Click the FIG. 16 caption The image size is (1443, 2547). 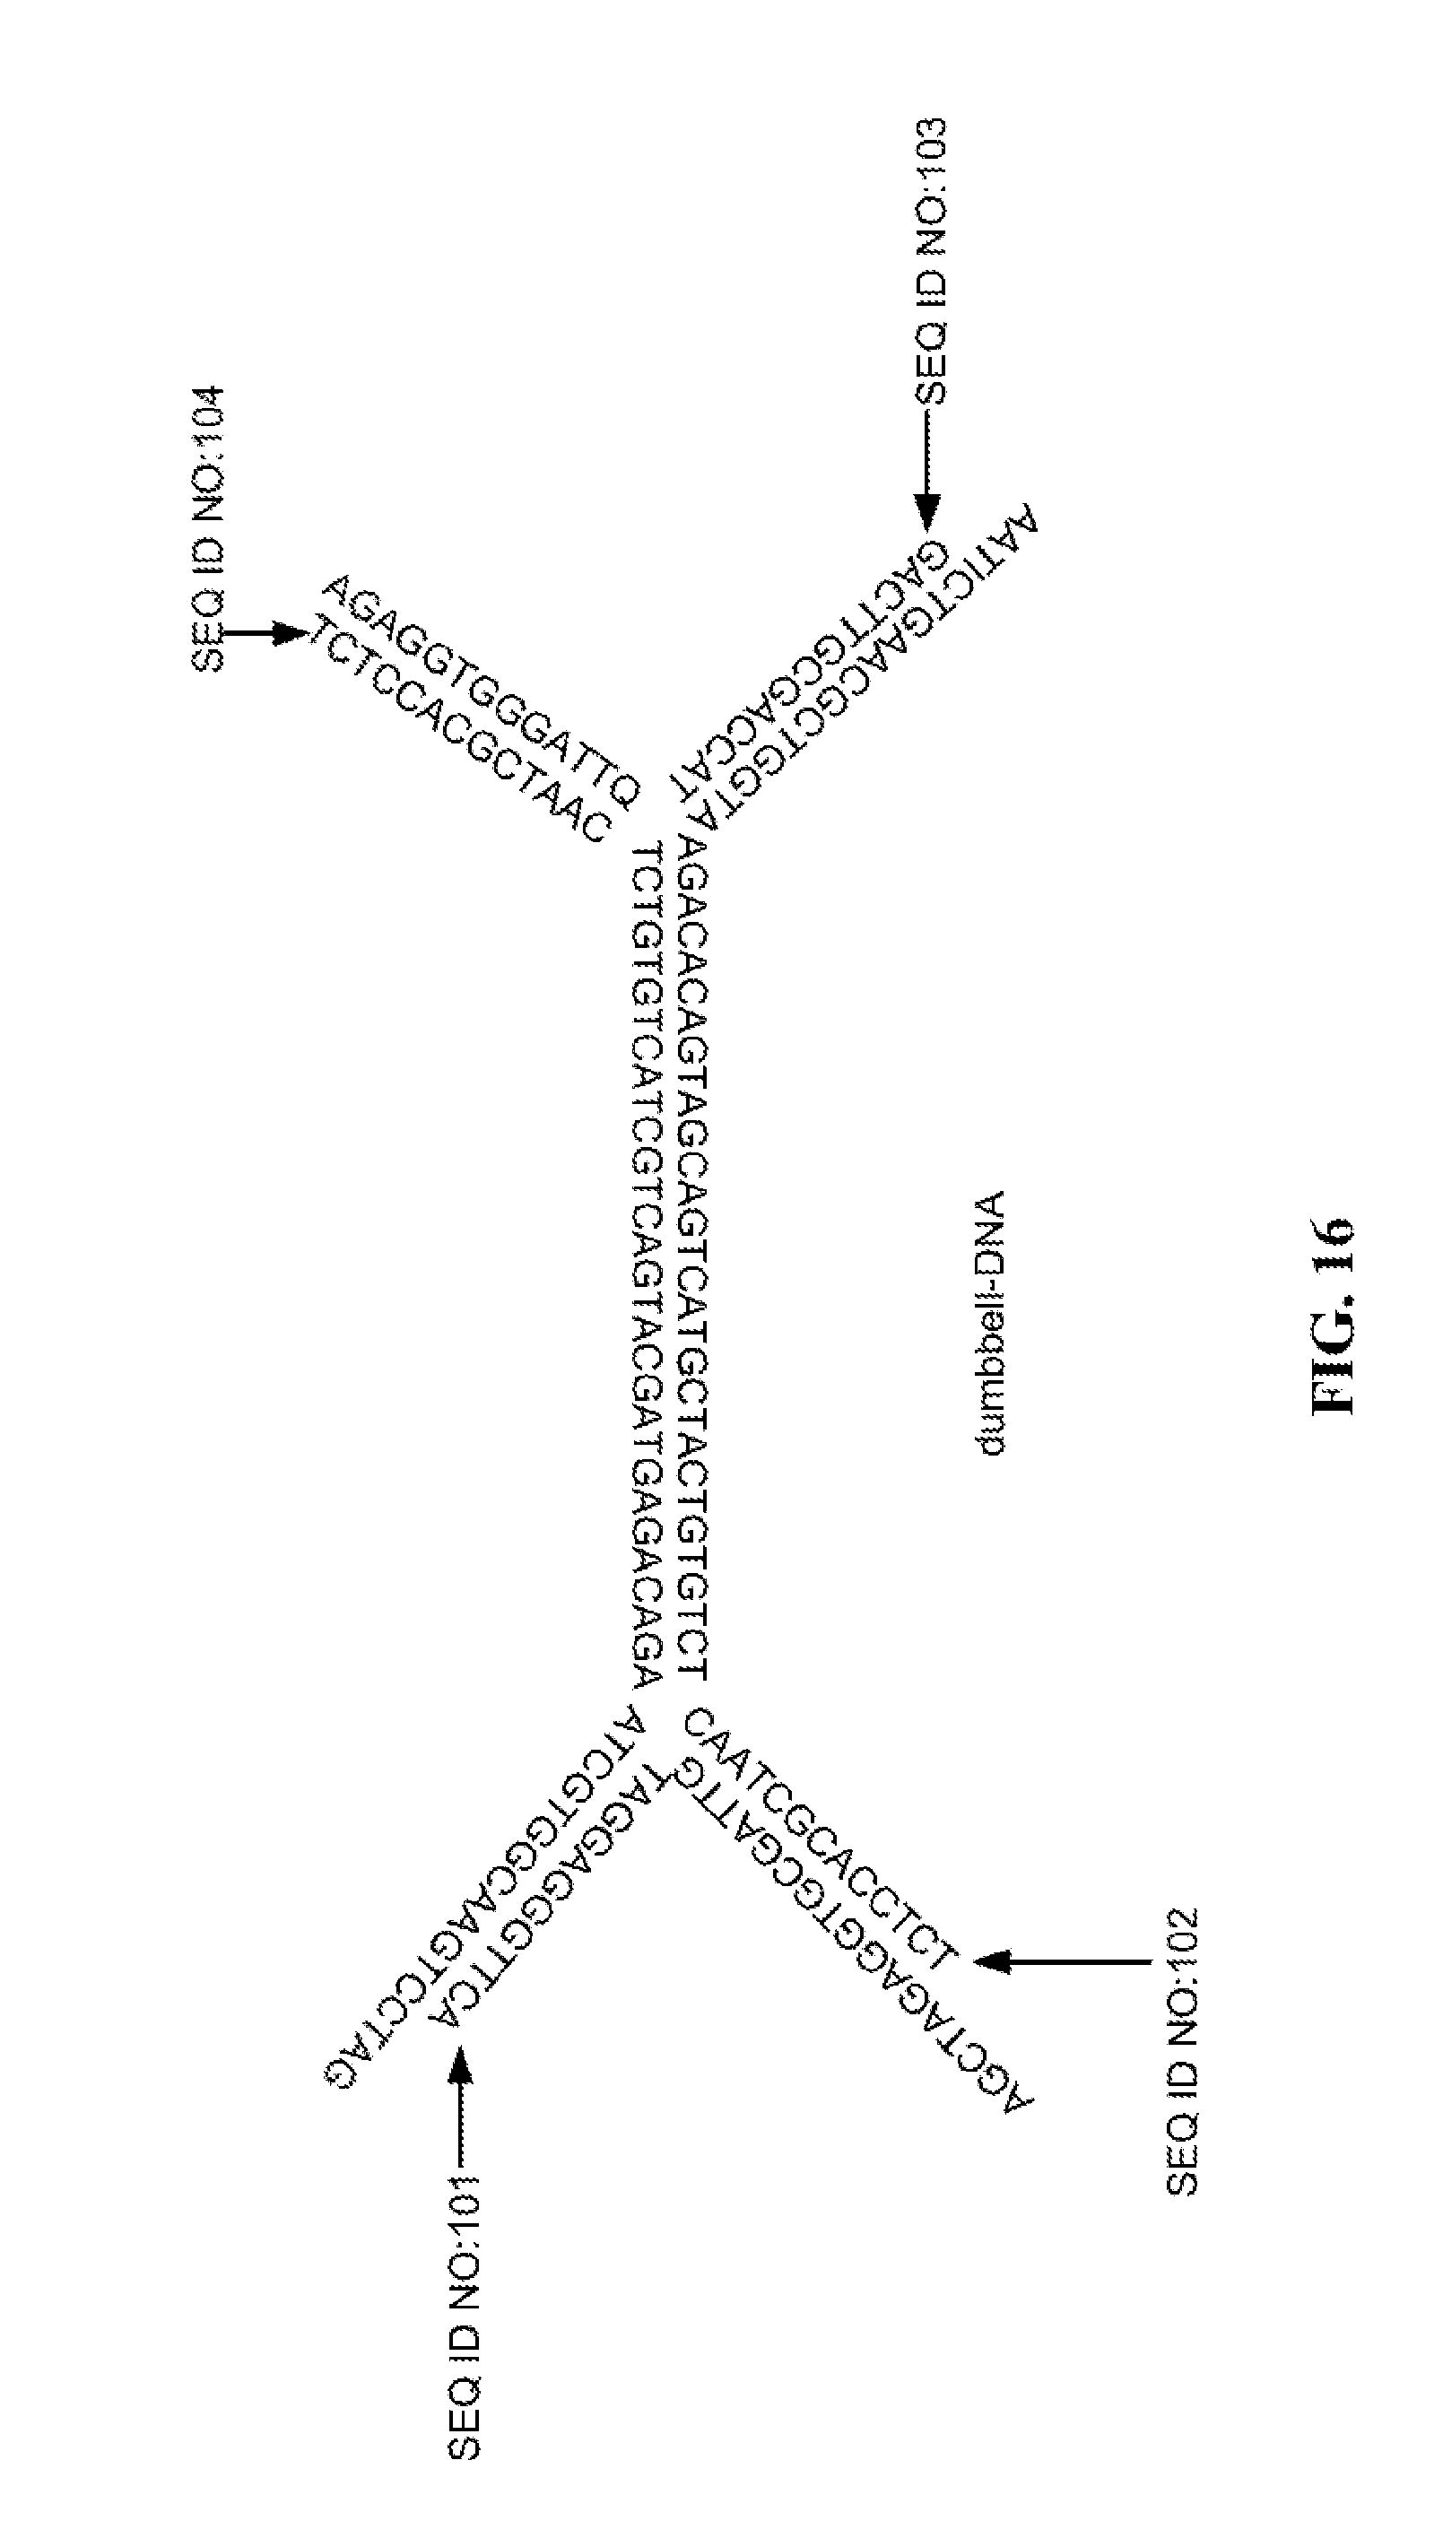coord(1331,1317)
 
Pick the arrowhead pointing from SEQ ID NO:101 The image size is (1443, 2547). coord(462,2065)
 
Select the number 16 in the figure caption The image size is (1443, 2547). coord(1331,1245)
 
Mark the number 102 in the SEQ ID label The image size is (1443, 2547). coord(1182,1943)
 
